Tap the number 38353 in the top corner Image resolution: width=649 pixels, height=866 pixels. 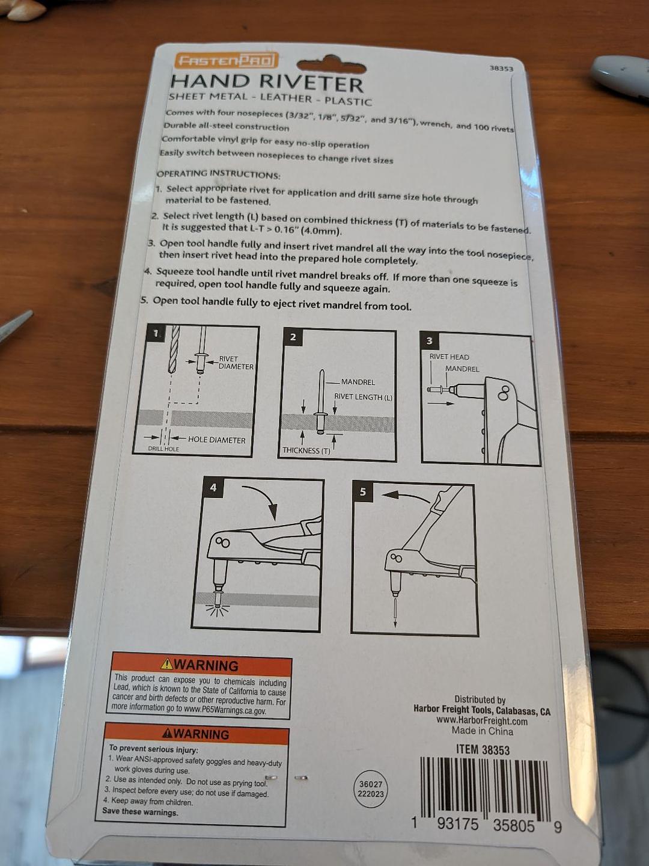(x=501, y=68)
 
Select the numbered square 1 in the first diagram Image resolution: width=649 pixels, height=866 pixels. (x=156, y=333)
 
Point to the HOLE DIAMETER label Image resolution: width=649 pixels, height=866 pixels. (x=216, y=440)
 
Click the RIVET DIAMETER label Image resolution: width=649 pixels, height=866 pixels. (x=236, y=363)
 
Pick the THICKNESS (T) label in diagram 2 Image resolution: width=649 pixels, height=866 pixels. (x=306, y=450)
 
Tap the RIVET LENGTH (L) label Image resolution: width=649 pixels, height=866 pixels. (x=363, y=397)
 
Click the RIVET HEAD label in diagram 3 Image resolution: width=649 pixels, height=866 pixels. (x=449, y=357)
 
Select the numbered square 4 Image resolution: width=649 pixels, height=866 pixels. (x=213, y=488)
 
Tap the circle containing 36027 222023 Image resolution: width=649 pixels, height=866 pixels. (x=370, y=790)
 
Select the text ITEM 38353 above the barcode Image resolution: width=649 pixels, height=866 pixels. (x=483, y=749)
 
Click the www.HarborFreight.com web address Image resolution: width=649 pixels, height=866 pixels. (x=481, y=721)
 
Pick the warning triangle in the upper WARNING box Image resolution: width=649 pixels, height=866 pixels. (x=166, y=665)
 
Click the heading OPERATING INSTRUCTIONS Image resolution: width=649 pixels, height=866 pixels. (x=219, y=174)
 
